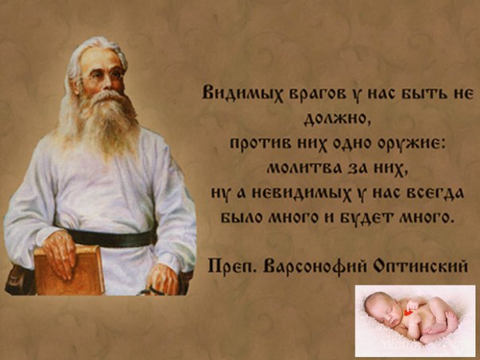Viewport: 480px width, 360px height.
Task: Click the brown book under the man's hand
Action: point(69,271)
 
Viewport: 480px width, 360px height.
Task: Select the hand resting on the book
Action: point(60,253)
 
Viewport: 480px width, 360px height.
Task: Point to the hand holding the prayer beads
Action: point(162,280)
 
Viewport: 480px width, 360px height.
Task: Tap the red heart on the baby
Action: point(408,312)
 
